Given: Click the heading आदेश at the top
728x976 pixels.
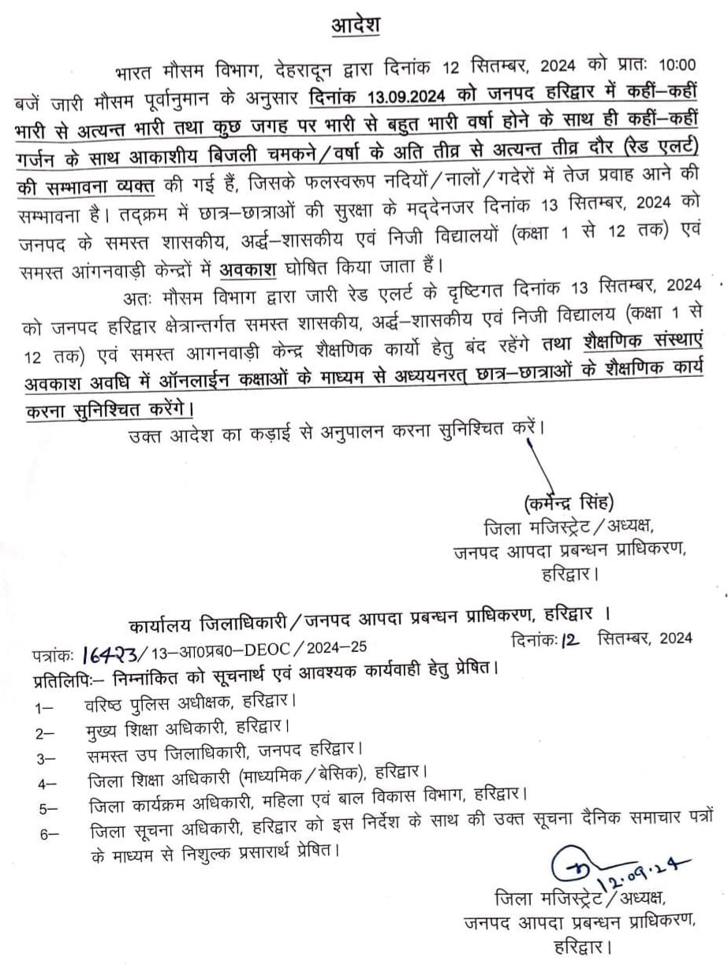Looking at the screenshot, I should [x=355, y=24].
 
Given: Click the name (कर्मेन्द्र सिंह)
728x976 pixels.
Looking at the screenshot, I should [x=567, y=503].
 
